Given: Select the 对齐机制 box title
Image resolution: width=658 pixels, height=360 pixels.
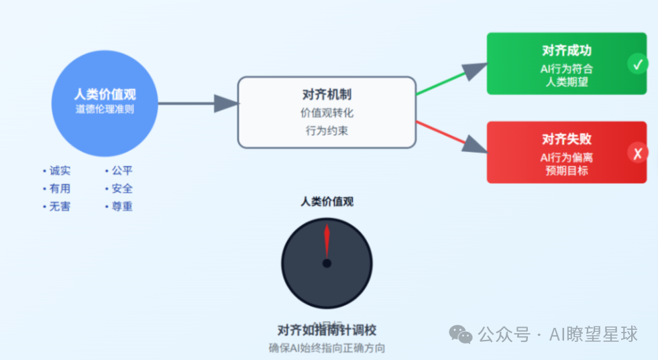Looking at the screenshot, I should (327, 95).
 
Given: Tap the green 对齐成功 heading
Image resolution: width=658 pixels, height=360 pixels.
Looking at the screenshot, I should (567, 50).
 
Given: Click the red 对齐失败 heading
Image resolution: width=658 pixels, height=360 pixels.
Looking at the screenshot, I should (567, 139).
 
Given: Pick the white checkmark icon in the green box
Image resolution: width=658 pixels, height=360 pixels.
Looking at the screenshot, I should (638, 64).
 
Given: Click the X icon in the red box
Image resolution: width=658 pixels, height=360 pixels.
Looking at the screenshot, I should (638, 154).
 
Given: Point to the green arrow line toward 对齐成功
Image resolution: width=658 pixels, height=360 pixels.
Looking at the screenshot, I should (443, 84).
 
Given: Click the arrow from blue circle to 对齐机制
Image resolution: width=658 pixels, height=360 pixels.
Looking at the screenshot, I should (195, 103).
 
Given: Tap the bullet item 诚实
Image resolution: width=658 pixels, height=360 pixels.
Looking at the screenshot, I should (59, 171).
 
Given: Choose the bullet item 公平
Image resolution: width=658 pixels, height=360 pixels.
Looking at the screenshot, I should (121, 171).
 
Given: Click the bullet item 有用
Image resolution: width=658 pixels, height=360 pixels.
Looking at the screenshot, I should (59, 189).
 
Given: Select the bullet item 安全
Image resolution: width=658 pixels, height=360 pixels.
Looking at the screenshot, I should (121, 189).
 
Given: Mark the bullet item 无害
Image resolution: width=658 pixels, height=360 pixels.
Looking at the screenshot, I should (59, 206).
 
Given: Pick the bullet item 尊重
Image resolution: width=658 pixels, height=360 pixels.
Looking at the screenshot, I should (121, 206).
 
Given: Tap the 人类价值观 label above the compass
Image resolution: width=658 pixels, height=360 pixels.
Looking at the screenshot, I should (327, 201).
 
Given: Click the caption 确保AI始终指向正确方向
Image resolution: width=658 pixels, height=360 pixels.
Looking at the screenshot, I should (327, 348).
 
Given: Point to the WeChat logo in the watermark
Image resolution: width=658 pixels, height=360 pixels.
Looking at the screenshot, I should (461, 334).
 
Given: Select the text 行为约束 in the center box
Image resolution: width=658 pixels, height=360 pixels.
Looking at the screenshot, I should (327, 131).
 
